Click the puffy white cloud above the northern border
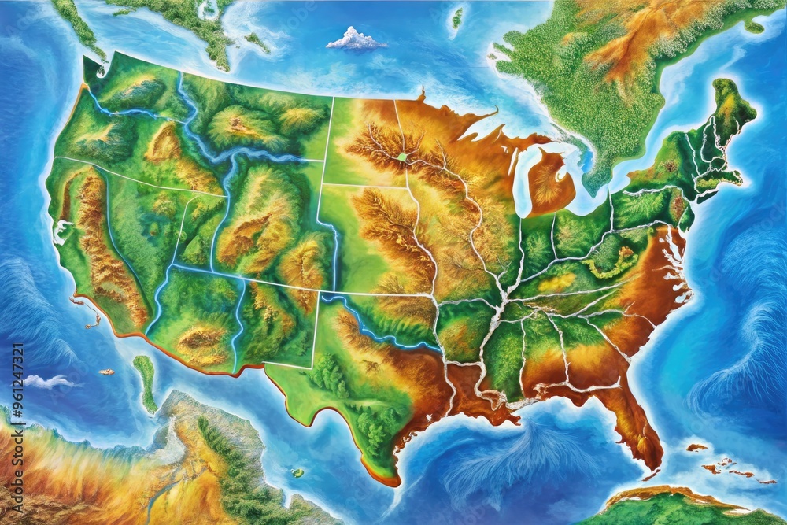pos(356,39)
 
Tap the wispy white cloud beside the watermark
pos(49,382)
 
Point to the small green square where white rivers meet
pos(403,157)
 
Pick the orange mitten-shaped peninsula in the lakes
pos(549,180)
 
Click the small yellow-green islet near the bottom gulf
pos(297,472)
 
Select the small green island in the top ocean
pos(457,17)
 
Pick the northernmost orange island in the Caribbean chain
pos(696,447)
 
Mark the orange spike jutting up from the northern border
pos(423,94)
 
